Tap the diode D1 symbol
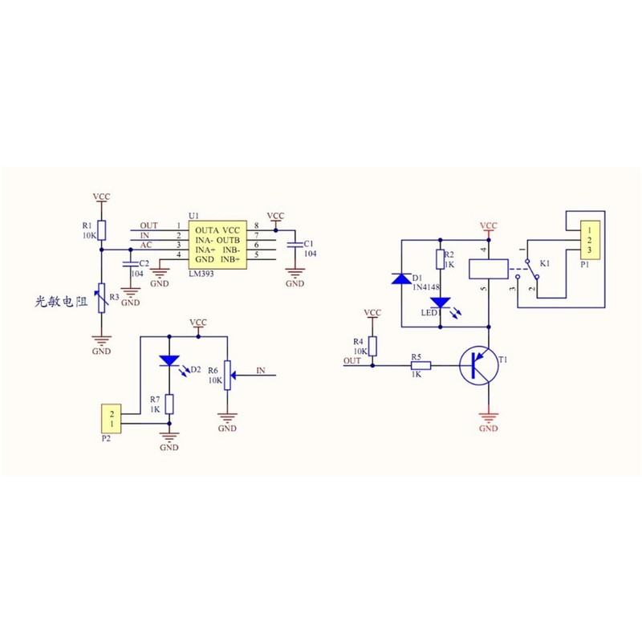click(400, 279)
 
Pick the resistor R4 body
click(372, 345)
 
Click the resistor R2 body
click(439, 258)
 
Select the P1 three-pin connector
click(591, 240)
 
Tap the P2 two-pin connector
click(112, 419)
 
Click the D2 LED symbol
click(169, 362)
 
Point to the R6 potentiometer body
click(228, 376)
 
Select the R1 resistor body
click(101, 231)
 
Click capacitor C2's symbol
click(130, 262)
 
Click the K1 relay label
click(545, 263)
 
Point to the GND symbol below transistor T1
click(488, 418)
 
